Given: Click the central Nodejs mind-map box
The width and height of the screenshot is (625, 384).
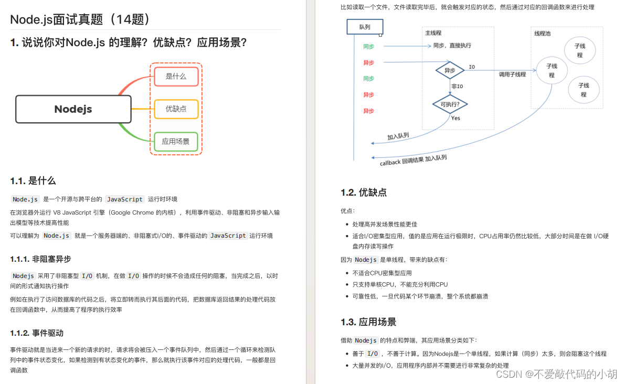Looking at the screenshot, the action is (x=73, y=109).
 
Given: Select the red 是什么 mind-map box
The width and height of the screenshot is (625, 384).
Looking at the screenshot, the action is (x=176, y=77).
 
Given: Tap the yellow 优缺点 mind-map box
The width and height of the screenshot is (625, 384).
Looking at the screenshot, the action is (x=176, y=109).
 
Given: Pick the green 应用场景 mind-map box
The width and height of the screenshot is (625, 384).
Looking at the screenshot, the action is (x=176, y=142).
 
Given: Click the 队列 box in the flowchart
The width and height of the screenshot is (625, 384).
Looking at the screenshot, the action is (x=365, y=27).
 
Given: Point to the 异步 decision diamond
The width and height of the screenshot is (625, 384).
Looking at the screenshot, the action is (x=450, y=70).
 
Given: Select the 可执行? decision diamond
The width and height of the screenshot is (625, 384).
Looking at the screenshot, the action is (x=450, y=104).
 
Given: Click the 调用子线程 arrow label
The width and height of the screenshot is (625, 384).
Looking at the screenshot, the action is (x=512, y=74).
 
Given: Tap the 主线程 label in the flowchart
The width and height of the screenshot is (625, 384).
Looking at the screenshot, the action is (x=433, y=33).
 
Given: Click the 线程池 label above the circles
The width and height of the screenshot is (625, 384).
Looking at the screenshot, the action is (x=543, y=34).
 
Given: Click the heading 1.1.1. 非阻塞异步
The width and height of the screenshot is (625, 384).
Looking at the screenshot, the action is (x=40, y=259).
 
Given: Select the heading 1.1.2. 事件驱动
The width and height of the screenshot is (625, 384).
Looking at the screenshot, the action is (x=37, y=333).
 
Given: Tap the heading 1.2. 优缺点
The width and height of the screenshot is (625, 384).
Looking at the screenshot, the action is (x=364, y=193).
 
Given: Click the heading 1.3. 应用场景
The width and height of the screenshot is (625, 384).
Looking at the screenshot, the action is (x=368, y=322).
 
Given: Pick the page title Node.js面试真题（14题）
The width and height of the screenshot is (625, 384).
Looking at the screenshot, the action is (x=81, y=19).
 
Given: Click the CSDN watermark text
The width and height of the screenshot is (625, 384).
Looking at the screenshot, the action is (x=556, y=374).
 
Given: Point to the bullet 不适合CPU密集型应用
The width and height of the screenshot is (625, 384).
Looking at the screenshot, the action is (x=382, y=273).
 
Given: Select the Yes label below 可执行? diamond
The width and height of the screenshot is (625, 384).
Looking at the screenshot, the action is (x=455, y=118).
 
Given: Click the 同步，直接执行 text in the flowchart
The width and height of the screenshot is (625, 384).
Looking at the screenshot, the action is (x=452, y=46).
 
